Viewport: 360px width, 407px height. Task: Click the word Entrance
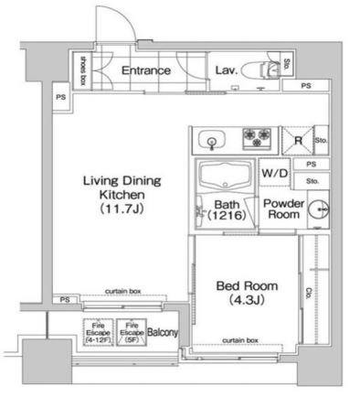(145, 70)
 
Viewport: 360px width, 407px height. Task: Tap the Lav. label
(227, 70)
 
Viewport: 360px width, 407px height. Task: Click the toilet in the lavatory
(268, 70)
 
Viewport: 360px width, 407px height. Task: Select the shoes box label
(82, 70)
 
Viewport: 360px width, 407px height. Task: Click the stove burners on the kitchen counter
(257, 139)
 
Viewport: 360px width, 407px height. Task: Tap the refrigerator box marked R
(298, 140)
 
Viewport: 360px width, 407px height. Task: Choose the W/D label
(275, 172)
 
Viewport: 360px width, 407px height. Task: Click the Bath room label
(227, 205)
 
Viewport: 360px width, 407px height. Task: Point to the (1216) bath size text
(227, 217)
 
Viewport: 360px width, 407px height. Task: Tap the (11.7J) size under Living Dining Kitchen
(116, 209)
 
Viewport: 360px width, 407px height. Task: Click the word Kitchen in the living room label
(116, 195)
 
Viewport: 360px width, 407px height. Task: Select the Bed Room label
(247, 286)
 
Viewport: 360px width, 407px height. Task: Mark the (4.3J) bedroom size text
(247, 300)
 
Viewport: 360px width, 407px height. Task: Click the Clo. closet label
(312, 293)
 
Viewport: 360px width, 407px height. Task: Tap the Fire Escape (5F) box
(131, 333)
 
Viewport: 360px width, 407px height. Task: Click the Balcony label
(162, 333)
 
